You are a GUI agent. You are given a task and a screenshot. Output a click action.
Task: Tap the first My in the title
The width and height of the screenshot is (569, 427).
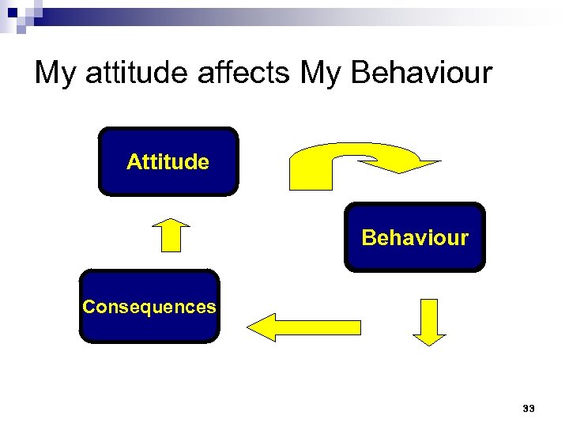[54, 74]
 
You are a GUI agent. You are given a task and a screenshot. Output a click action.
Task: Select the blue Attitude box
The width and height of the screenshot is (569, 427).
[168, 161]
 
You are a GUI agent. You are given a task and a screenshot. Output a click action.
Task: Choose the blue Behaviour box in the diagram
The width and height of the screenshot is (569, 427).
[415, 237]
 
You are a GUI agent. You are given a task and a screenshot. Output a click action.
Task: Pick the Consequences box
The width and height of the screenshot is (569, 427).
[149, 307]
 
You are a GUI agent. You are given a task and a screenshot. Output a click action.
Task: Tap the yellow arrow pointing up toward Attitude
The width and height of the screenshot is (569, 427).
[171, 233]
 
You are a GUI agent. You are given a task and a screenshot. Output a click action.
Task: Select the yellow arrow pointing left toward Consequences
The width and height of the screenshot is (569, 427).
[303, 327]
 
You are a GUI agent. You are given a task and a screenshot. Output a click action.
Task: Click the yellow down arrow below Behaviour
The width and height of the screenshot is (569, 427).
[430, 321]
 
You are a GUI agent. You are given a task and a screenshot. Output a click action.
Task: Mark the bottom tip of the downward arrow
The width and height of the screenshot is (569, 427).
[430, 345]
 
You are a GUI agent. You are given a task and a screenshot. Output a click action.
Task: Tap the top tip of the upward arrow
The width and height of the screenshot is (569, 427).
[171, 217]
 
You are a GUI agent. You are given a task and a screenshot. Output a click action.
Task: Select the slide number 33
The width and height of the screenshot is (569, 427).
[529, 409]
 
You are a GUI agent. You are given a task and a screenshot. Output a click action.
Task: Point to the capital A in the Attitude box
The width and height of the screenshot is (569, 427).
[133, 162]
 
